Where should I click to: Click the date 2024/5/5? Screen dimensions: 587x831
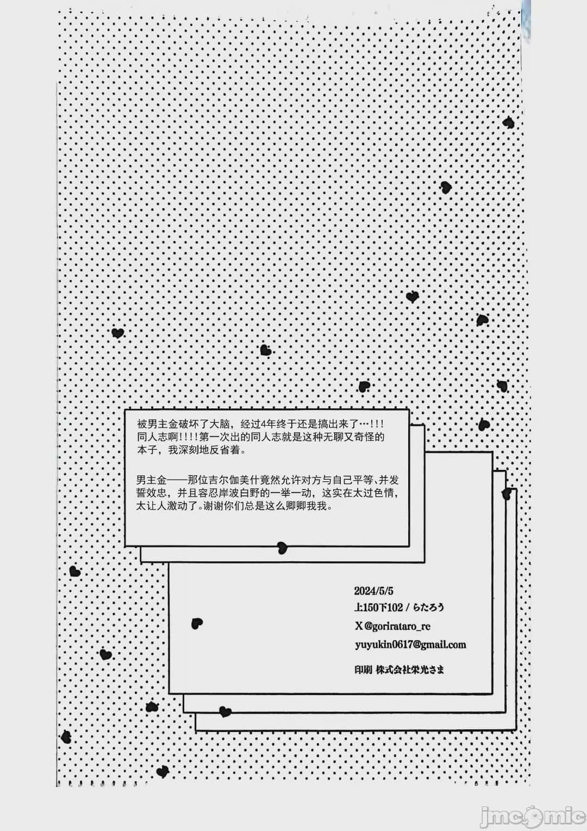(x=373, y=591)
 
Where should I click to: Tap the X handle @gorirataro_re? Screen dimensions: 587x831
(x=397, y=627)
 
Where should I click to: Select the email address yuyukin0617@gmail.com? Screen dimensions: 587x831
(x=410, y=645)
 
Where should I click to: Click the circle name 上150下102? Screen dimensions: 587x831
(x=378, y=607)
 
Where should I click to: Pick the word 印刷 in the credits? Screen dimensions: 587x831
(x=363, y=669)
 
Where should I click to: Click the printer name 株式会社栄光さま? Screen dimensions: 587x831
(x=410, y=669)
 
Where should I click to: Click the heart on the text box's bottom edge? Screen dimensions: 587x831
(x=282, y=547)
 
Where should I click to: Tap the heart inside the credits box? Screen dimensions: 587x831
(x=197, y=624)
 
